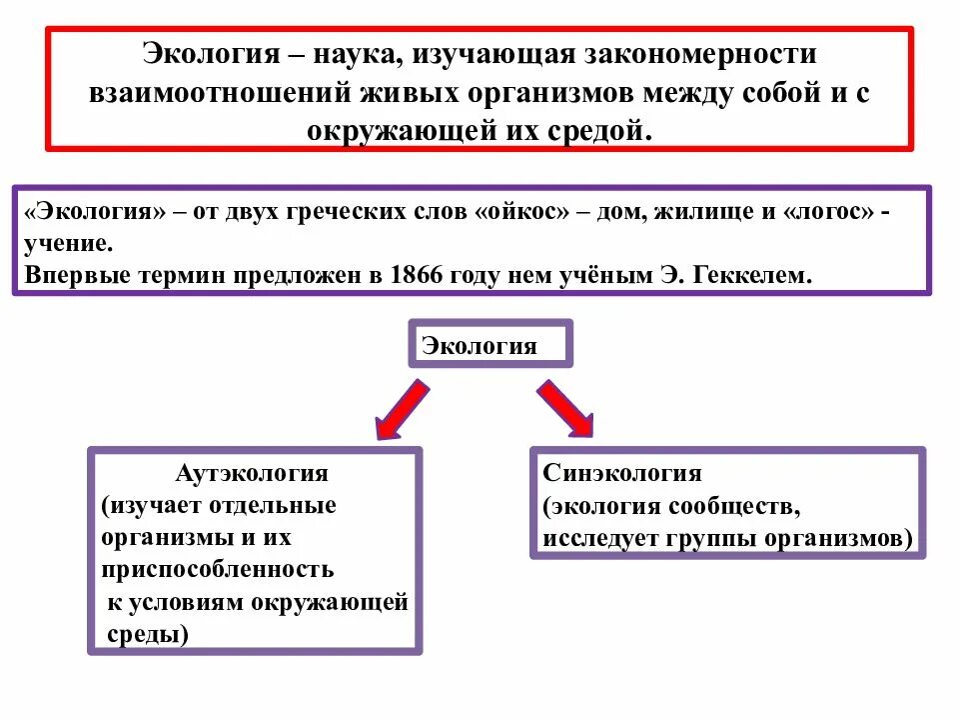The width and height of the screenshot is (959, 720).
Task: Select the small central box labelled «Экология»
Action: (x=488, y=345)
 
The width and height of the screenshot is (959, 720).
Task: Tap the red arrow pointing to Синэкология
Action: (x=564, y=408)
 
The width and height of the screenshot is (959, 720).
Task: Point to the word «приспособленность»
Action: (x=217, y=570)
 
